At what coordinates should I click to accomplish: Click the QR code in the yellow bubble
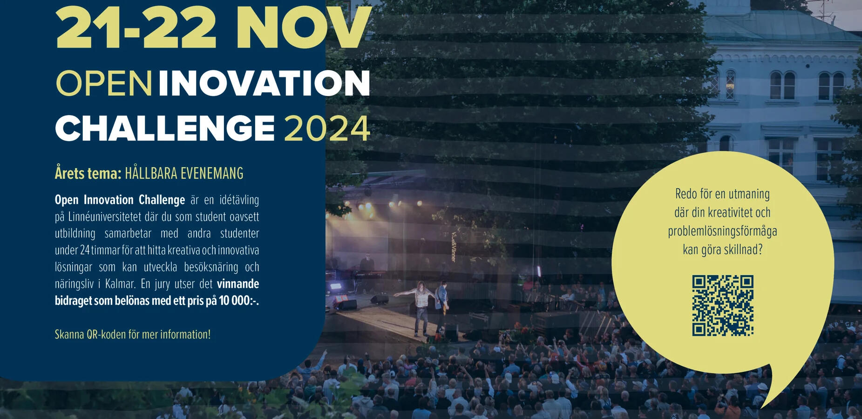[x=722, y=305]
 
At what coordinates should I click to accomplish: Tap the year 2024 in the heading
[x=327, y=128]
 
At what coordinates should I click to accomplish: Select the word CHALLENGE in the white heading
[x=165, y=128]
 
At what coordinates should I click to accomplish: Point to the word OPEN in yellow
[x=104, y=84]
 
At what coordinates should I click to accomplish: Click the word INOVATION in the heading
[x=264, y=84]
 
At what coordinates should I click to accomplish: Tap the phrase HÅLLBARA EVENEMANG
[x=184, y=173]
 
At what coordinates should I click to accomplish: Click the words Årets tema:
[x=88, y=173]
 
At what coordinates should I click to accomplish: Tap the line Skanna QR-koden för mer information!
[x=133, y=334]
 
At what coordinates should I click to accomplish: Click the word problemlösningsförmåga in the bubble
[x=722, y=232]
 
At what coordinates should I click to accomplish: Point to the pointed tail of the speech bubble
[x=761, y=407]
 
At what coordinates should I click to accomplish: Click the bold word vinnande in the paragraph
[x=238, y=284]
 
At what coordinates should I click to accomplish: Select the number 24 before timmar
[x=85, y=250]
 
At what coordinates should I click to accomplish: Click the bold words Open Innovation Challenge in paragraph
[x=120, y=200]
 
